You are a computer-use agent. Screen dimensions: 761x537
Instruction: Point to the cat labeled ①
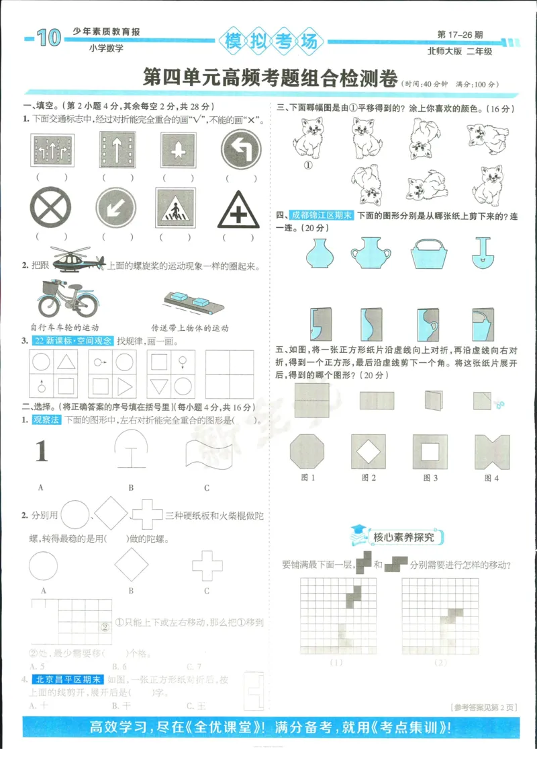(308, 138)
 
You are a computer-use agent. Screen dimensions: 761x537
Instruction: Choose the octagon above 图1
(307, 451)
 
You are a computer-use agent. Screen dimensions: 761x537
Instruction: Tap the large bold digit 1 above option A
(42, 451)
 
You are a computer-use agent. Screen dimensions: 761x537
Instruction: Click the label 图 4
(492, 478)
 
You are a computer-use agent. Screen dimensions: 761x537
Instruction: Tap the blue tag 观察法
(46, 420)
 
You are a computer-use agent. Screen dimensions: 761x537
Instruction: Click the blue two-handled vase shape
(370, 253)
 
